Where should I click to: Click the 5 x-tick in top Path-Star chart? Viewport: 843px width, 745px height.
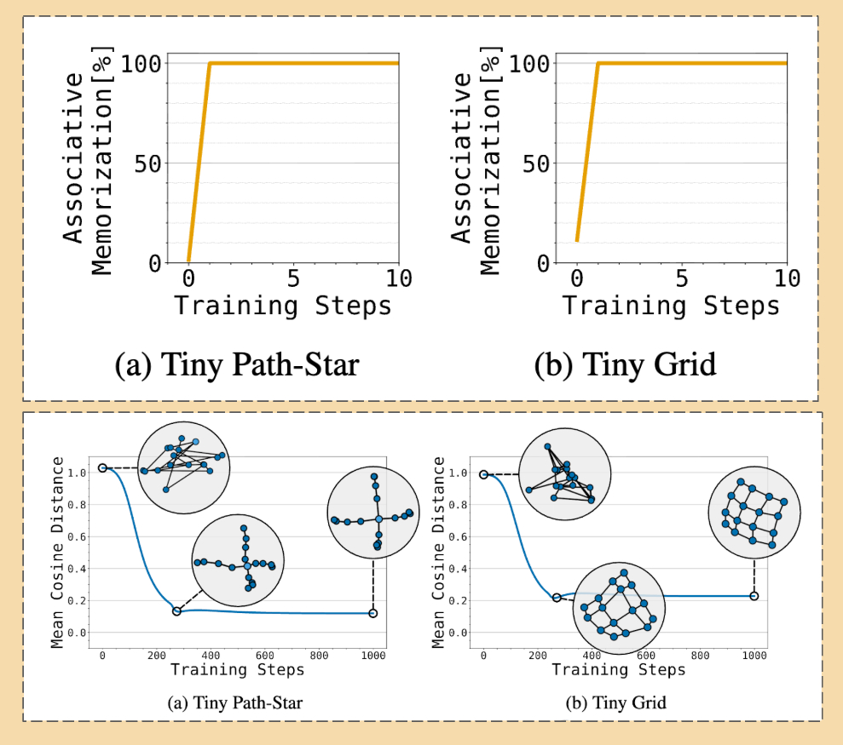[294, 279]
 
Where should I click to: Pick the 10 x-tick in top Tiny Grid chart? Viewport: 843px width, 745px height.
[787, 279]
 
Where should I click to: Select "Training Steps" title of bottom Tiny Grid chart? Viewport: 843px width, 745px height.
[618, 670]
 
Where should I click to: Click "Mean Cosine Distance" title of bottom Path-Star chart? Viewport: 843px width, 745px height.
[57, 552]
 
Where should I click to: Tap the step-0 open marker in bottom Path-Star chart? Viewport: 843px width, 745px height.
[102, 467]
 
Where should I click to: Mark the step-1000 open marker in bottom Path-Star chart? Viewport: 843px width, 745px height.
[372, 613]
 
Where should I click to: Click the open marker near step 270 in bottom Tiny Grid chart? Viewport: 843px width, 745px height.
[557, 598]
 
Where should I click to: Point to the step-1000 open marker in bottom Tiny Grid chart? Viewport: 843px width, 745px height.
[754, 596]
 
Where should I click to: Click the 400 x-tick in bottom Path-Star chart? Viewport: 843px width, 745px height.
[211, 656]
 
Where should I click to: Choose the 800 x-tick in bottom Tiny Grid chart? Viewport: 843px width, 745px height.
[700, 656]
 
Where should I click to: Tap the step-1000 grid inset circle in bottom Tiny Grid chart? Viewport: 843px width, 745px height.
[754, 513]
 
